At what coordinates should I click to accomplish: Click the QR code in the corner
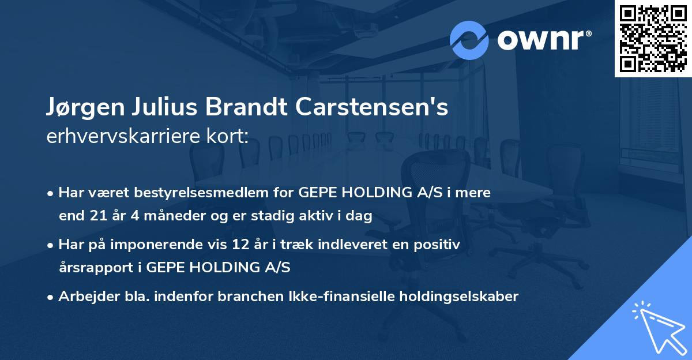click(x=653, y=39)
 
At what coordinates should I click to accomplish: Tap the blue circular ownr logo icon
click(x=469, y=40)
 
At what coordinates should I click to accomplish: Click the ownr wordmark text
click(x=544, y=40)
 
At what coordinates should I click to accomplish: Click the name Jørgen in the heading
click(x=85, y=107)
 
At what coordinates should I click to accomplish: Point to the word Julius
click(x=165, y=107)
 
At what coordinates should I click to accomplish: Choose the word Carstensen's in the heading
click(x=371, y=107)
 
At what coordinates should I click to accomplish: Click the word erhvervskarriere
click(x=122, y=136)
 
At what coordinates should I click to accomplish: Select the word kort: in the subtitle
click(x=227, y=136)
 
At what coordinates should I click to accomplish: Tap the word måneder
click(x=175, y=215)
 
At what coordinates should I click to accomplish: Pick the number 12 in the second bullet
click(x=240, y=245)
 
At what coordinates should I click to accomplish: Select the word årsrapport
click(x=96, y=268)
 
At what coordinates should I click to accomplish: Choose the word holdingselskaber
click(x=459, y=297)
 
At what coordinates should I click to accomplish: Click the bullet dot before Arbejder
click(x=50, y=298)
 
